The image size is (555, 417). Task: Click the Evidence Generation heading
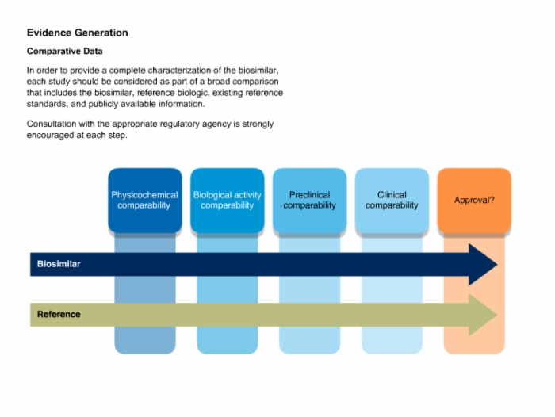[x=77, y=33]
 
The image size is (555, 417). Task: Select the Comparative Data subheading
[x=65, y=52]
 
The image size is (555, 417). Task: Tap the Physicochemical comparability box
[x=145, y=201]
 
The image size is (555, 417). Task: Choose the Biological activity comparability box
[x=228, y=201]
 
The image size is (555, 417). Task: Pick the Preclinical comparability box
[x=310, y=201]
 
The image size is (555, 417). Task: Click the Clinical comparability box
[x=392, y=201]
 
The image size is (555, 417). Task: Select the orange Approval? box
[x=474, y=201]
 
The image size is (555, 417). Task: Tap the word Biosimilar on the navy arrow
[x=59, y=264]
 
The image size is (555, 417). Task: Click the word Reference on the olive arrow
[x=59, y=315]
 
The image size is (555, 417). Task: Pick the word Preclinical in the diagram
[x=310, y=195]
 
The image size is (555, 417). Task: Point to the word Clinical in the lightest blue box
[x=392, y=195]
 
